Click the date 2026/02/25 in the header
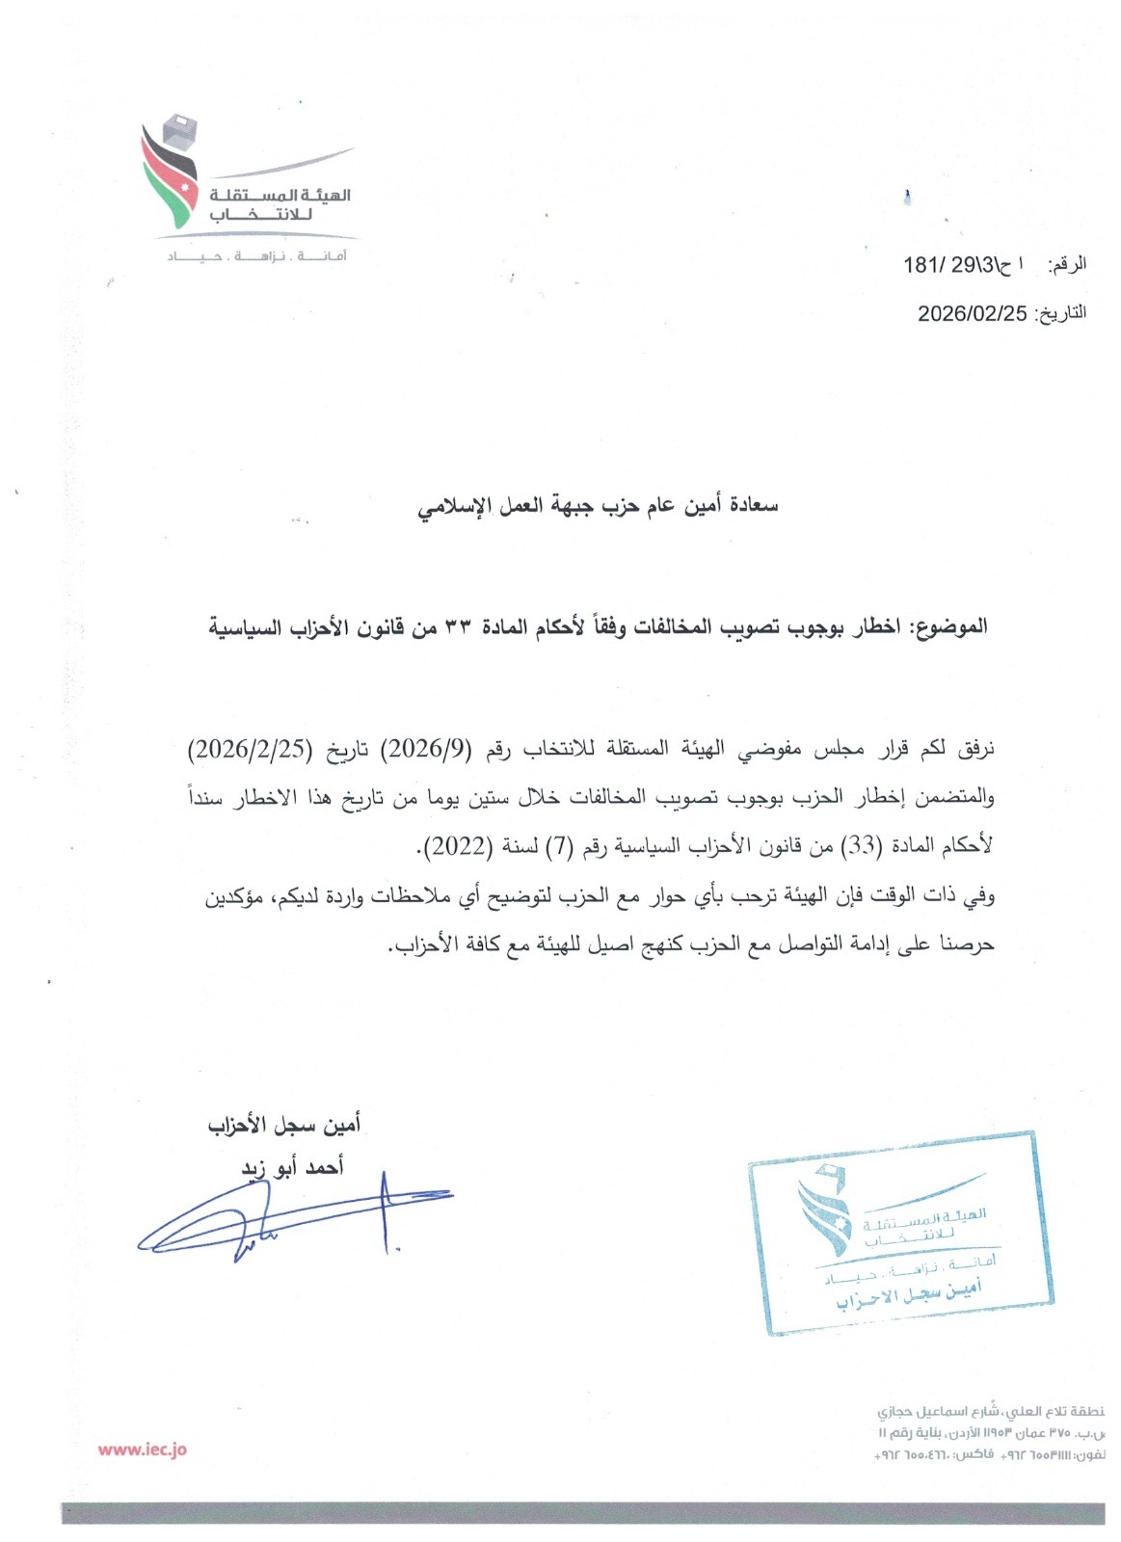972,313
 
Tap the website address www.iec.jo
143,1449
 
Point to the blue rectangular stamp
900,1234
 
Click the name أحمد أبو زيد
292,1168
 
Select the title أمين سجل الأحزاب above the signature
284,1125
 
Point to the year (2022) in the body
459,847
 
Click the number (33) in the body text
861,847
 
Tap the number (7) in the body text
560,847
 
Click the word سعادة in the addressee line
754,505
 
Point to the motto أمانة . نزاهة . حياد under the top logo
257,256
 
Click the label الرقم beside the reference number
1067,264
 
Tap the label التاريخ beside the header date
1060,313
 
